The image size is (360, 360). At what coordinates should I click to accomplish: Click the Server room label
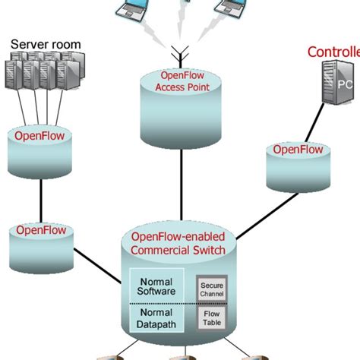pyautogui.click(x=45, y=45)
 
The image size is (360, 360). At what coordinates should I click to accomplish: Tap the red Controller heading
pyautogui.click(x=333, y=52)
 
